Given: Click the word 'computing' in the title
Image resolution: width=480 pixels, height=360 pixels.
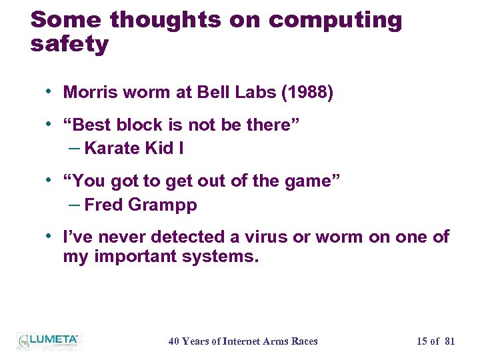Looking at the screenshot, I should coord(335,20).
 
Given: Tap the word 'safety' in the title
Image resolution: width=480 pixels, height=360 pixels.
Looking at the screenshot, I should coord(69,45).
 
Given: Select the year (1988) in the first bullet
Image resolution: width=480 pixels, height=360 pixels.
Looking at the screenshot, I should coord(307,93).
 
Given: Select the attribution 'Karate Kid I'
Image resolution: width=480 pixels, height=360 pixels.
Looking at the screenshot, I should coord(134,149).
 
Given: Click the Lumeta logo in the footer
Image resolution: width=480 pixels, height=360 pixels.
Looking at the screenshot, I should coord(48,340).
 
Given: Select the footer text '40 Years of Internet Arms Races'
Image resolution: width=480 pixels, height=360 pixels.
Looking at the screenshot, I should coord(243,341).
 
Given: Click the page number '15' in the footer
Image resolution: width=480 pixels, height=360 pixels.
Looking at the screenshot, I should coord(422,341).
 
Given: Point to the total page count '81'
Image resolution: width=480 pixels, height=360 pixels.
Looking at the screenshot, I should coord(449,341).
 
